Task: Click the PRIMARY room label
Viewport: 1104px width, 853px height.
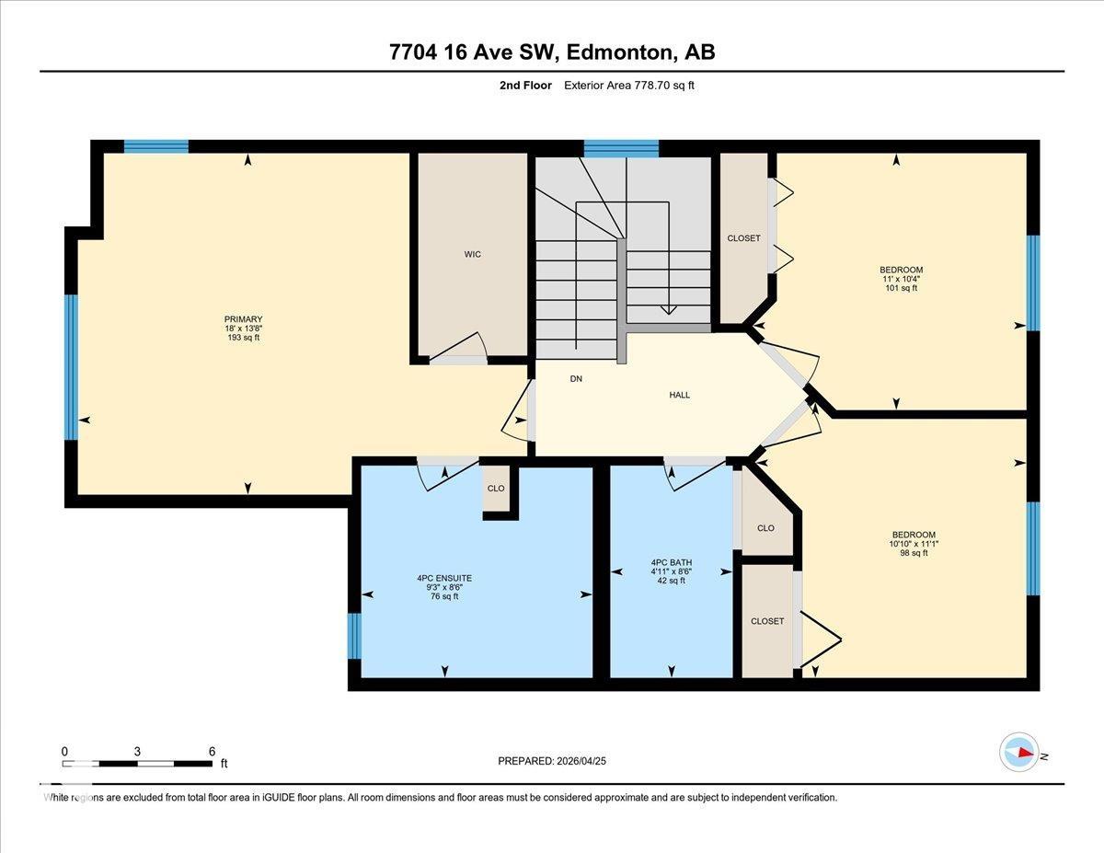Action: click(x=243, y=319)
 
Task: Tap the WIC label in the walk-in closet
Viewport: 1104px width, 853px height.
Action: click(x=472, y=254)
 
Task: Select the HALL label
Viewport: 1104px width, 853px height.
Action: click(x=679, y=395)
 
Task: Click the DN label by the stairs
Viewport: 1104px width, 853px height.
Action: click(x=576, y=378)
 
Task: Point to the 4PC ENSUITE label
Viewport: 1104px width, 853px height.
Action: click(x=443, y=578)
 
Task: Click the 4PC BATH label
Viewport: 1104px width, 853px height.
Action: click(x=671, y=562)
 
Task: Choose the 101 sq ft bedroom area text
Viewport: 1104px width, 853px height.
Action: click(x=901, y=288)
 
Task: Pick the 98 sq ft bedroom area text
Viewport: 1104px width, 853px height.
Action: click(x=913, y=553)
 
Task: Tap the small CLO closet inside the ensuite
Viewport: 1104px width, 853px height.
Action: click(x=496, y=488)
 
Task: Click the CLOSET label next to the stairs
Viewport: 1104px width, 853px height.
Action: click(x=743, y=238)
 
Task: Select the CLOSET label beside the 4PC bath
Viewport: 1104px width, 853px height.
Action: click(x=766, y=621)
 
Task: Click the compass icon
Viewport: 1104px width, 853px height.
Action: click(x=1018, y=752)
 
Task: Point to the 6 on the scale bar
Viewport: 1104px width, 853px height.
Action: click(x=212, y=751)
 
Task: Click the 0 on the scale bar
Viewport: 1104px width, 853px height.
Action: click(x=64, y=751)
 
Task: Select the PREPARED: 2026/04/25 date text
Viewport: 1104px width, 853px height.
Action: click(x=552, y=761)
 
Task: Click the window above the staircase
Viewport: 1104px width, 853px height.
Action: click(x=621, y=147)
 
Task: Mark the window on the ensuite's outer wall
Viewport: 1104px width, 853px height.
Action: click(x=354, y=636)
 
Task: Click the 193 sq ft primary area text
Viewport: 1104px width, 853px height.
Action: click(x=243, y=338)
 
